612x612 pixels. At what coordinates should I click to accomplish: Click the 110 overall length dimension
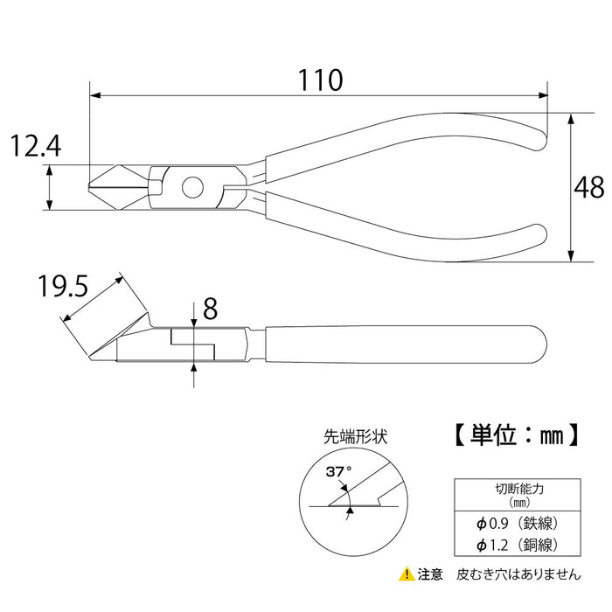(316, 81)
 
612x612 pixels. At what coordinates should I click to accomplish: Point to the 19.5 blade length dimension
(62, 287)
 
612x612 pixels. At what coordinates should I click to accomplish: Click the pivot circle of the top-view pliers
(191, 186)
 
